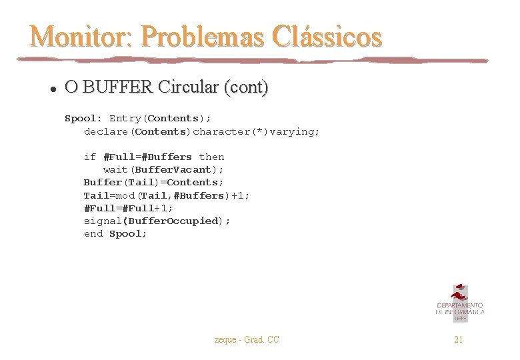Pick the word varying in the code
[x=293, y=131]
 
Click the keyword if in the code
[x=90, y=157]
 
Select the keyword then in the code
[x=211, y=157]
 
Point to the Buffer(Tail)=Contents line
[x=153, y=183]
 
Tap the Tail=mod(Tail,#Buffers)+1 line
[x=167, y=195]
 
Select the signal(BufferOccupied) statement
[x=157, y=221]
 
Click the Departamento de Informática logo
[x=459, y=303]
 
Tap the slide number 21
[x=458, y=340]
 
